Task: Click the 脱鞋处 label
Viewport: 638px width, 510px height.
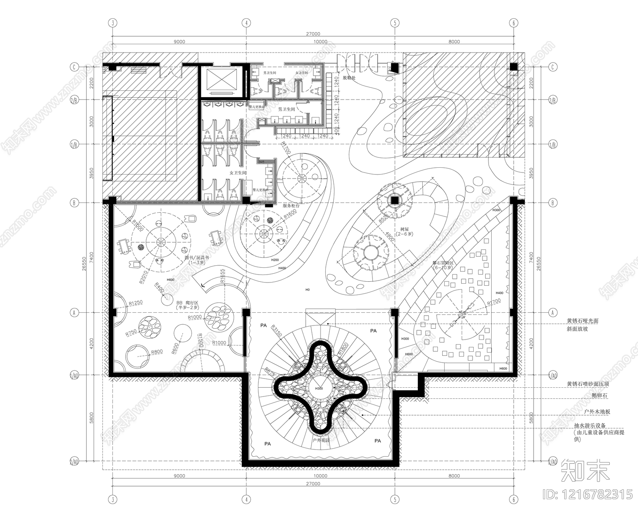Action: tap(349, 78)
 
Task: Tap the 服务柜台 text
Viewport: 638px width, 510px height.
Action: tap(291, 206)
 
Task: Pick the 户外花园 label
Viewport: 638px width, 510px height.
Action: tap(321, 440)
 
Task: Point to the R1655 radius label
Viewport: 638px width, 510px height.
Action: tap(222, 276)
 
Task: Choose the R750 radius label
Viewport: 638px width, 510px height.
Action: tap(131, 333)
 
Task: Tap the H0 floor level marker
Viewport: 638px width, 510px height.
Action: tap(307, 290)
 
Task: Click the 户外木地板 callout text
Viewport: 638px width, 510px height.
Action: tap(597, 412)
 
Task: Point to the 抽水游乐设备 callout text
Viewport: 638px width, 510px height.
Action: tap(590, 426)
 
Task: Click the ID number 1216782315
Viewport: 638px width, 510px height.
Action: tap(588, 494)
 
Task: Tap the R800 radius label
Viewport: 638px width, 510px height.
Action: tap(157, 352)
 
